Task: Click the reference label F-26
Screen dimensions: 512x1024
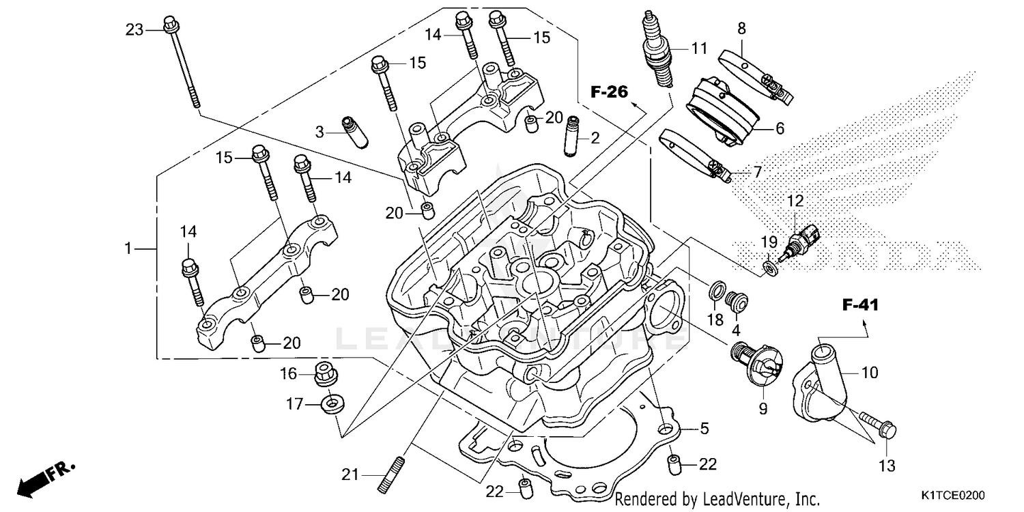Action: tap(608, 93)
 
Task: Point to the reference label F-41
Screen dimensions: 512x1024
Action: tap(859, 306)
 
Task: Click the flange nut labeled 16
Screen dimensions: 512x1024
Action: tap(325, 373)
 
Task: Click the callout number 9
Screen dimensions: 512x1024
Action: tap(763, 409)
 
